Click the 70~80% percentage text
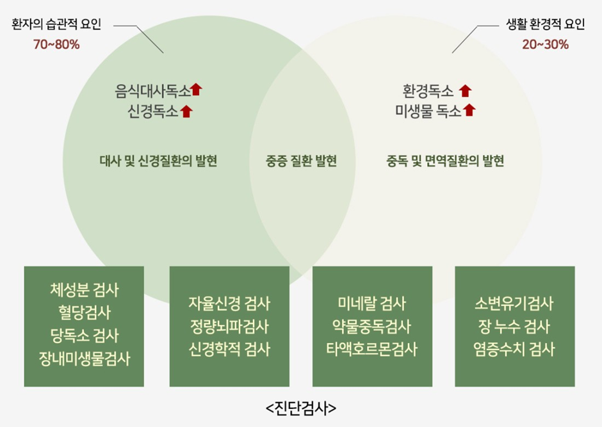56,45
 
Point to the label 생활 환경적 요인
545,26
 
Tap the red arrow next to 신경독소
187,111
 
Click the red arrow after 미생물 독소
469,110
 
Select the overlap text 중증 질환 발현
301,161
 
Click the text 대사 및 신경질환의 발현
159,161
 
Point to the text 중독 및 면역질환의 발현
445,161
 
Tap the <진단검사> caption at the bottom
301,408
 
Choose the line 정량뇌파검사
229,326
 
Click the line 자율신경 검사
229,303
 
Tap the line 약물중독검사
372,326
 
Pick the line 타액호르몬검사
372,350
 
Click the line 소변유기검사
515,303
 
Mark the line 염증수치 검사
515,350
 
